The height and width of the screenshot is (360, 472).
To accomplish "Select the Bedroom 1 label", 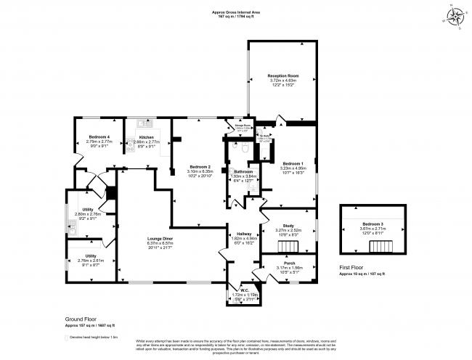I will [x=293, y=163].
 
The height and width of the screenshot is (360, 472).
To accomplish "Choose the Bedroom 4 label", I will [x=99, y=137].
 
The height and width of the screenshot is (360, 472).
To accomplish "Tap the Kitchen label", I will [x=146, y=137].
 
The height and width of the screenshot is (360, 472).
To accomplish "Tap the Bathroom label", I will [x=243, y=171].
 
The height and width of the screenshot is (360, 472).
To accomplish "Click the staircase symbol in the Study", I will [x=285, y=245].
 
